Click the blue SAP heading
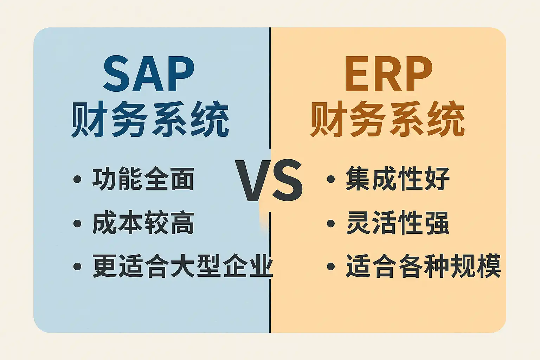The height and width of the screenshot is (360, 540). click(149, 73)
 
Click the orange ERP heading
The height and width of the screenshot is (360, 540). click(388, 73)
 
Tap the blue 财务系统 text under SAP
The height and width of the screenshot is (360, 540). click(150, 119)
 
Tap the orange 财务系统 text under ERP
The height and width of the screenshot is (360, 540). click(388, 119)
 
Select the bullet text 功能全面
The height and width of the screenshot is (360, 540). click(143, 179)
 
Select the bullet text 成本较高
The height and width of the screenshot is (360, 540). click(143, 223)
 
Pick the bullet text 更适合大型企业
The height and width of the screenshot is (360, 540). click(182, 266)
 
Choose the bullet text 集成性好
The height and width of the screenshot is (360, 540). click(398, 179)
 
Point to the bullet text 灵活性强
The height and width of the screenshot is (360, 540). click(398, 223)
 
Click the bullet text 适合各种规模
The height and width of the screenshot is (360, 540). click(423, 266)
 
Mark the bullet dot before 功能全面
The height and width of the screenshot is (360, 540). click(77, 179)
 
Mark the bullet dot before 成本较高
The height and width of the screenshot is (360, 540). click(77, 223)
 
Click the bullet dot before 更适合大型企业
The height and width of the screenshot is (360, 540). click(77, 267)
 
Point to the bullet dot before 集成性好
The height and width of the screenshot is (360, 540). click(331, 179)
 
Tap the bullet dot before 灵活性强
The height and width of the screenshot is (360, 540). click(331, 223)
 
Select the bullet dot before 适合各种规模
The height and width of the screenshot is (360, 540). click(331, 267)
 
